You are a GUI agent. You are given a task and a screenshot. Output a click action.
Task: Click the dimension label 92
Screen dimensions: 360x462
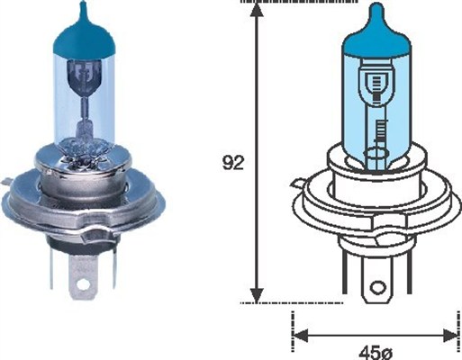pyautogui.click(x=231, y=164)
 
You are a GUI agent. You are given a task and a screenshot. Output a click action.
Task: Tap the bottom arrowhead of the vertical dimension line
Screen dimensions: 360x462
pyautogui.click(x=257, y=295)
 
